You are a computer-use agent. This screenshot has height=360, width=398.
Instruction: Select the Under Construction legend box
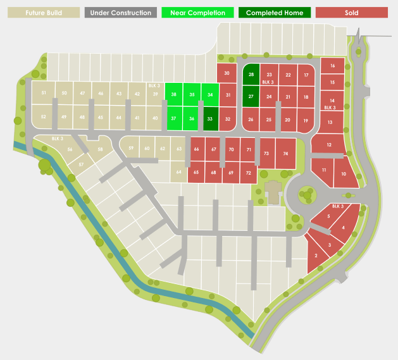coord(120,13)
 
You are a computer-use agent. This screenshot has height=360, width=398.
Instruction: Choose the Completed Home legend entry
coord(274,13)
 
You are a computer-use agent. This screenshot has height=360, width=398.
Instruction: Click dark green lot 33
coord(210,118)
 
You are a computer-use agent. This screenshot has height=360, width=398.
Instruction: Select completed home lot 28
coord(251,75)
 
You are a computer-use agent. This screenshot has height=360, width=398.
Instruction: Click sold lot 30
coord(227,73)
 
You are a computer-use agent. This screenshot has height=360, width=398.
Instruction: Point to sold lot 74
coord(286,154)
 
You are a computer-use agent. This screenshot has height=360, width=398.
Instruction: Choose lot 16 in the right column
coord(332,66)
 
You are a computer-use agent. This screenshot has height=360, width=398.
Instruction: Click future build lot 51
coord(44,94)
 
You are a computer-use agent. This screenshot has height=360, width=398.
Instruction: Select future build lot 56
coord(70,149)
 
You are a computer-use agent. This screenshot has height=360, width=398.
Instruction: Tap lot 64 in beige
coord(179,172)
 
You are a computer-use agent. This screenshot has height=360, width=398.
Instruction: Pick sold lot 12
coord(328,146)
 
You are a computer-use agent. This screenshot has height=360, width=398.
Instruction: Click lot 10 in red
coord(344,175)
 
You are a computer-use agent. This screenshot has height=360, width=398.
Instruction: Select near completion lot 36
coord(192,118)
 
